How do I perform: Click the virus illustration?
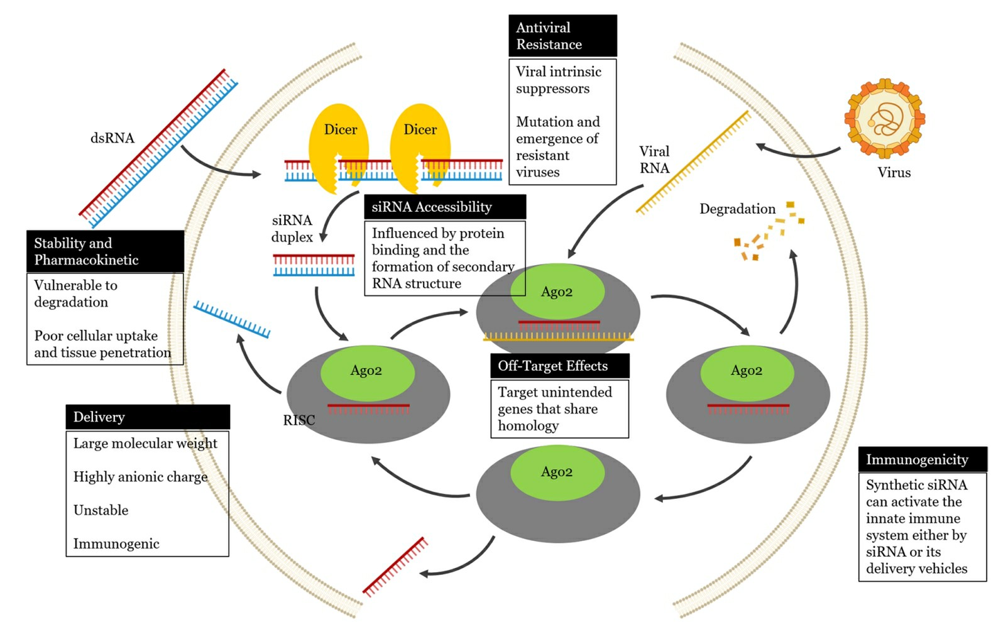[884, 118]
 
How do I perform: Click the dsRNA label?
[112, 138]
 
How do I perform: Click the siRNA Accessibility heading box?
[445, 207]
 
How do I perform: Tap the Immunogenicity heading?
[922, 459]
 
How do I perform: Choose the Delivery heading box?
[148, 417]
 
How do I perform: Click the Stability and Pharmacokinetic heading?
[105, 251]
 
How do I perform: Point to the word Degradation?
[737, 209]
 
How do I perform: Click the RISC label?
[299, 420]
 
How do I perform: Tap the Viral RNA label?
[654, 160]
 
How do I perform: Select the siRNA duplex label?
[292, 229]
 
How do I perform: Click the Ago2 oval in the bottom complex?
[557, 472]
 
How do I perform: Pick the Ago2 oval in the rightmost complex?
[747, 371]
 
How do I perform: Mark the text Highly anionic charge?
[140, 477]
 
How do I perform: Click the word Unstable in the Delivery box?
[101, 510]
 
